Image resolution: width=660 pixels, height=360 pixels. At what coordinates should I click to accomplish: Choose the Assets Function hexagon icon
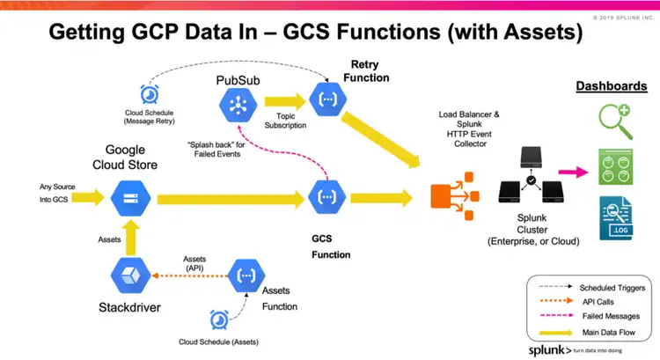(246, 276)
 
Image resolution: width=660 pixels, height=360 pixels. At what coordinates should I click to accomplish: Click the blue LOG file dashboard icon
(616, 218)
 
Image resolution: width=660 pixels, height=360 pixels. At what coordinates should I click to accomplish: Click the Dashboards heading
(612, 86)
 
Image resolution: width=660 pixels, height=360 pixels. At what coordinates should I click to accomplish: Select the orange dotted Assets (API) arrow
(189, 276)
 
